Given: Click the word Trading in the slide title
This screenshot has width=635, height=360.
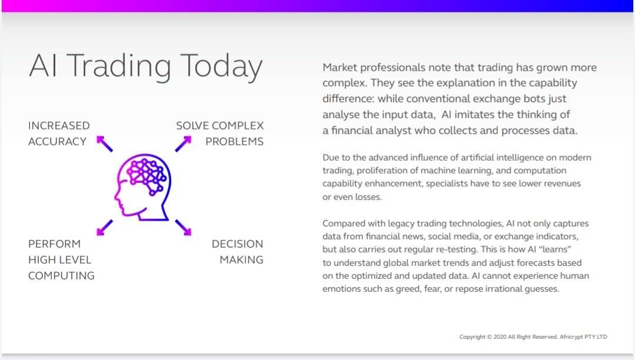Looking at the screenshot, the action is click(x=119, y=66).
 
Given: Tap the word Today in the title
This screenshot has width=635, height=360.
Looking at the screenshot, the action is click(x=221, y=66).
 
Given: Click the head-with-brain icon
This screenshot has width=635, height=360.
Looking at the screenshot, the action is click(x=142, y=187).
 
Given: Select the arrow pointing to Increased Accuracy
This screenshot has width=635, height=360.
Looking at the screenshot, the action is click(x=105, y=144).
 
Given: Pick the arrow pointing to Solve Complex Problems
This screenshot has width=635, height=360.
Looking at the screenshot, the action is click(x=183, y=144).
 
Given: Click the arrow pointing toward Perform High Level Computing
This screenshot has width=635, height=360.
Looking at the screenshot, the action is click(x=105, y=228).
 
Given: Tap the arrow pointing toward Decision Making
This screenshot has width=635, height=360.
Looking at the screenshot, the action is click(x=183, y=228).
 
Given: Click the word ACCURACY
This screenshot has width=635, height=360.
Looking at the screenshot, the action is click(x=58, y=141).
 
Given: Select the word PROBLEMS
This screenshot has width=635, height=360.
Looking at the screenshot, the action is click(x=235, y=141).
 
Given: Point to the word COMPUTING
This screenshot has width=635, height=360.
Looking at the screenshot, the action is click(x=62, y=275).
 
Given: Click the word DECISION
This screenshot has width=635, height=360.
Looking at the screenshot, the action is click(x=238, y=244).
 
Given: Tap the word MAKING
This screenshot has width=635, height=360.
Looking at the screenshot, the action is click(x=242, y=259).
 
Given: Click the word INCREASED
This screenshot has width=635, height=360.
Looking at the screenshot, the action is click(x=59, y=125).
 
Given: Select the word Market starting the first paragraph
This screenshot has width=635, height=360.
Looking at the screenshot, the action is click(x=339, y=67).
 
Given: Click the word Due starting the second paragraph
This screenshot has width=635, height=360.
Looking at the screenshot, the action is click(x=330, y=157).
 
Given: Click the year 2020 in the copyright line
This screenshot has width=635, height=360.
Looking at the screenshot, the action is click(x=500, y=336).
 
